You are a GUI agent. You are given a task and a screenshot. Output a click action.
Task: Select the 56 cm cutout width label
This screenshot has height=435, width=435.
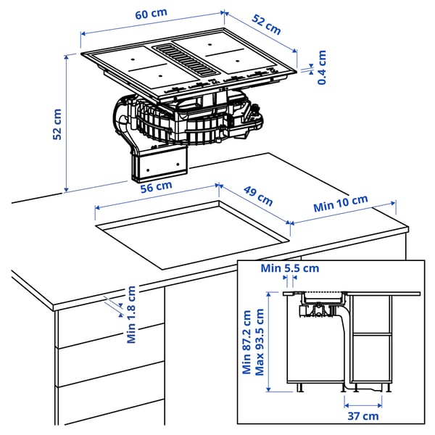[156, 186]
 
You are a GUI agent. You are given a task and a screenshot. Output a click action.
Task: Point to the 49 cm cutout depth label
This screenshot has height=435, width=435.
[257, 196]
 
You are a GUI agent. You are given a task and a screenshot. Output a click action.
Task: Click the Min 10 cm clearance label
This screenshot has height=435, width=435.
[341, 204]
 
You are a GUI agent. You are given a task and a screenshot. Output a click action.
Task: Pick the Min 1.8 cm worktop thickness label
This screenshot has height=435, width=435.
[131, 315]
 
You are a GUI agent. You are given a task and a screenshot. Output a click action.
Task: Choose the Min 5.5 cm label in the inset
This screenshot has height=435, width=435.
[290, 268]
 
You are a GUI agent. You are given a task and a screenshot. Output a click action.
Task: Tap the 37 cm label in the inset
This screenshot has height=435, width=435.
[362, 415]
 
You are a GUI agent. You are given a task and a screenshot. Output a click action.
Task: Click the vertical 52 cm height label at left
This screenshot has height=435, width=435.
[57, 123]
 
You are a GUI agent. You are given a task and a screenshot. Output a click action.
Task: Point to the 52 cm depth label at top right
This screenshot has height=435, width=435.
[266, 25]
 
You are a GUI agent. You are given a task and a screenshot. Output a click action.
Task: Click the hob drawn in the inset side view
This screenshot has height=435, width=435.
[323, 297]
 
